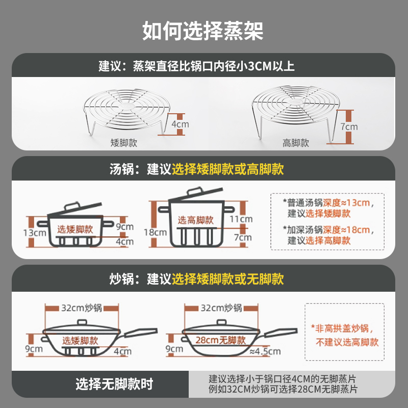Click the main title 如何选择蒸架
pyautogui.click(x=203, y=31)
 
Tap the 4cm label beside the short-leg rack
pyautogui.click(x=180, y=124)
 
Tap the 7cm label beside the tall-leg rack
pyautogui.click(x=349, y=126)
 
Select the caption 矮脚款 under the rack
pyautogui.click(x=124, y=143)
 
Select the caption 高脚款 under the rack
pyautogui.click(x=296, y=143)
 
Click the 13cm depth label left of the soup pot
pyautogui.click(x=34, y=232)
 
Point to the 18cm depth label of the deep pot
pyautogui.click(x=157, y=232)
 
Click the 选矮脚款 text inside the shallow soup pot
pyautogui.click(x=75, y=229)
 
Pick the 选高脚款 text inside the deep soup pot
pyautogui.click(x=195, y=220)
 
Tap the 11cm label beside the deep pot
pyautogui.click(x=241, y=219)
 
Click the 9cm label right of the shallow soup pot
pyautogui.click(x=124, y=226)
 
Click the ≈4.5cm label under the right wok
pyautogui.click(x=265, y=351)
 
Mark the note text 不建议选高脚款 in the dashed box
pyautogui.click(x=347, y=342)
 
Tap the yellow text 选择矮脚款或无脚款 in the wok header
pyautogui.click(x=228, y=279)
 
